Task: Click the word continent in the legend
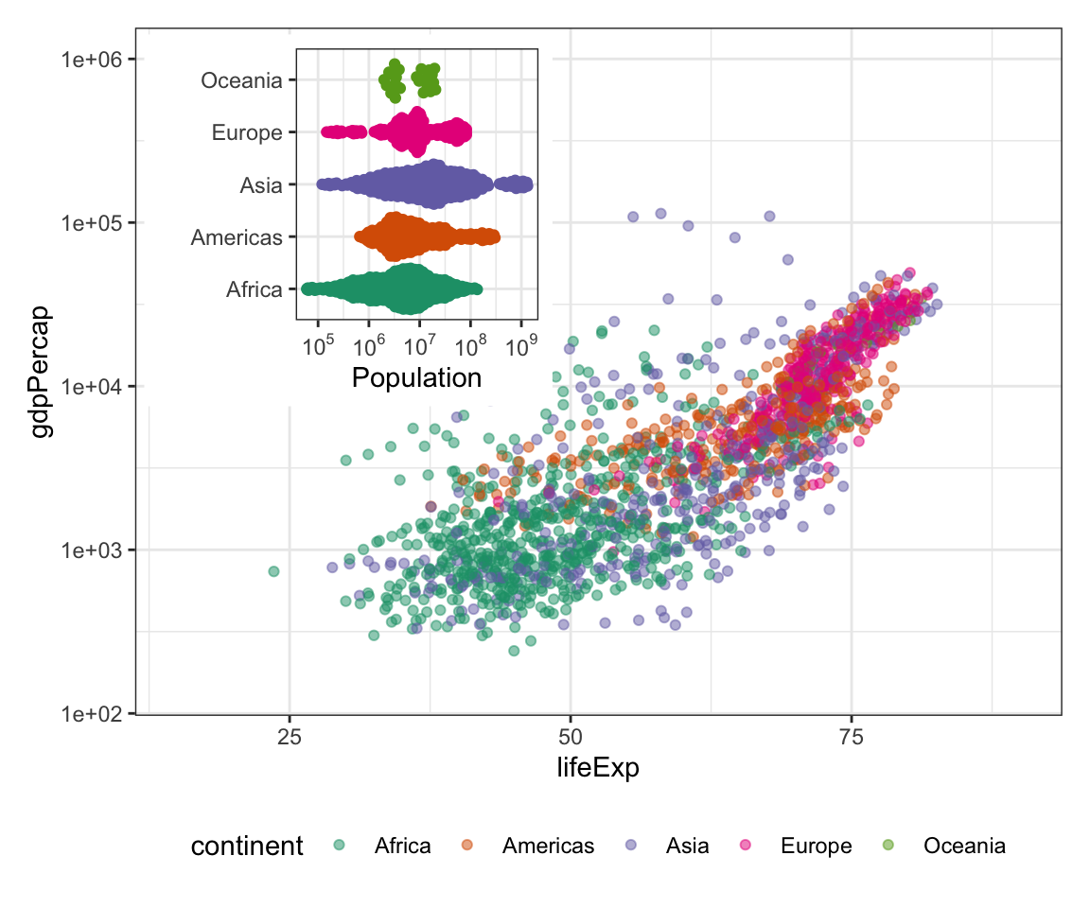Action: (247, 846)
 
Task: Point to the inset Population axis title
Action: (416, 378)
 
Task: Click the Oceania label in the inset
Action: (241, 81)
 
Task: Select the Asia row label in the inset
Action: (261, 185)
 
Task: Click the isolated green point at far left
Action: (273, 571)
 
